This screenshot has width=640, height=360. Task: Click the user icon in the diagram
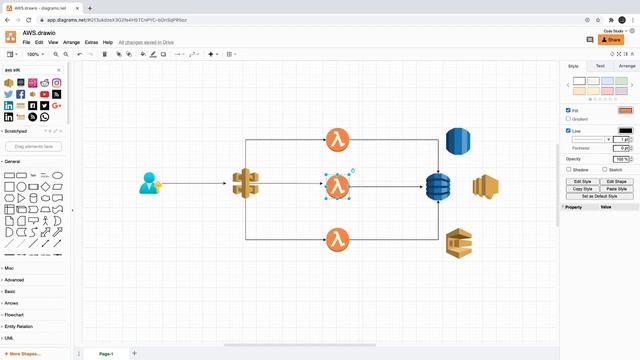pyautogui.click(x=150, y=183)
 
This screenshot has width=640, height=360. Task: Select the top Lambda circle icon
pyautogui.click(x=338, y=140)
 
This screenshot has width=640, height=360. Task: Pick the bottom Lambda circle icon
pyautogui.click(x=338, y=239)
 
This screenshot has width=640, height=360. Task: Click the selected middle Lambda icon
pyautogui.click(x=338, y=185)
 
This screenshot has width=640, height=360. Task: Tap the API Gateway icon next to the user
pyautogui.click(x=245, y=183)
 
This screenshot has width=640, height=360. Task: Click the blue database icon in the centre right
pyautogui.click(x=438, y=187)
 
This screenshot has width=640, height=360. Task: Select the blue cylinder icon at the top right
pyautogui.click(x=457, y=141)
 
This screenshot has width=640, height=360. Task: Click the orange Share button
pyautogui.click(x=610, y=40)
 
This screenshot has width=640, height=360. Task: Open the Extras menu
pyautogui.click(x=92, y=43)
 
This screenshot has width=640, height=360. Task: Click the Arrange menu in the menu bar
pyautogui.click(x=71, y=43)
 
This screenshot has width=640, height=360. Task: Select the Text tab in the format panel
pyautogui.click(x=600, y=66)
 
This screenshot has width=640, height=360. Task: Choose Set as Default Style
pyautogui.click(x=598, y=196)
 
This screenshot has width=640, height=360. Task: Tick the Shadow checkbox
pyautogui.click(x=569, y=170)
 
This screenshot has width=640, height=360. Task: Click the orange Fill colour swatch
pyautogui.click(x=625, y=110)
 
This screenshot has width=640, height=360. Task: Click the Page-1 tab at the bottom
pyautogui.click(x=106, y=353)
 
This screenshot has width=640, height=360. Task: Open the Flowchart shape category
pyautogui.click(x=15, y=314)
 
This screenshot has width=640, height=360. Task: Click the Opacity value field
pyautogui.click(x=621, y=159)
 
